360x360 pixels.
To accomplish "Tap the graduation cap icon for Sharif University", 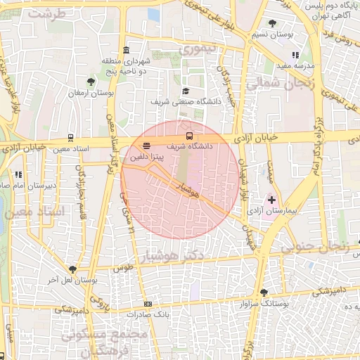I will tap(186, 91).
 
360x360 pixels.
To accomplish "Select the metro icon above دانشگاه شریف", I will tap(188, 136).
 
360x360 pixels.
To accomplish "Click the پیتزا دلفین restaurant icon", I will tap(146, 146).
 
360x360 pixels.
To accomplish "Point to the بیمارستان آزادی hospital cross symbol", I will tap(272, 200).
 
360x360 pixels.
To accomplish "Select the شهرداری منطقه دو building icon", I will tap(126, 49).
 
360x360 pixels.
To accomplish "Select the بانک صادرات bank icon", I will tap(148, 304).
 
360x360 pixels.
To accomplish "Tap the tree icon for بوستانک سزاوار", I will tap(263, 292).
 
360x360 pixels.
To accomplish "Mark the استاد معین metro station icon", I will tap(70, 138).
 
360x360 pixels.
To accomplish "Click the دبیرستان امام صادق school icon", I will tap(20, 174).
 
